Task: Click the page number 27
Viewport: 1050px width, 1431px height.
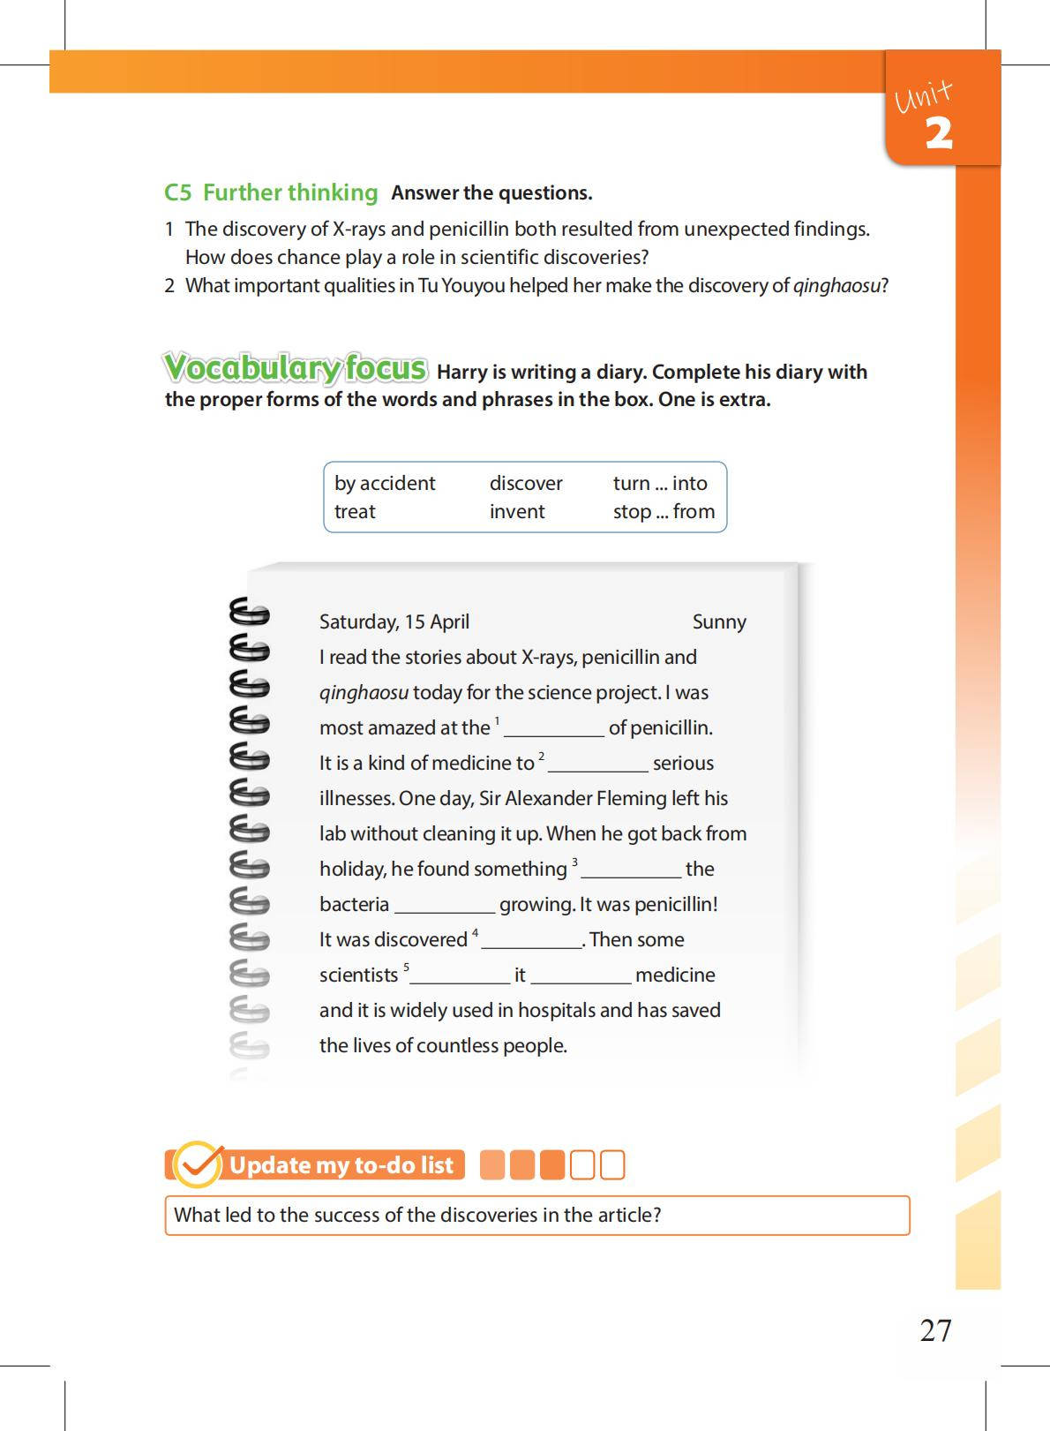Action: click(x=935, y=1329)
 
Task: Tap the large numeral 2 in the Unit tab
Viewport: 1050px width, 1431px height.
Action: click(x=939, y=133)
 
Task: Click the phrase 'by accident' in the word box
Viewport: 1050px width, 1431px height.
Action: click(x=384, y=483)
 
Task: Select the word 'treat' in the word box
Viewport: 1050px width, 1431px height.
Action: click(x=355, y=511)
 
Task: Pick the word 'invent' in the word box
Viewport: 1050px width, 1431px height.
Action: click(x=517, y=511)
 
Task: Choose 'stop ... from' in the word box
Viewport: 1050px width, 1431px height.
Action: click(x=664, y=511)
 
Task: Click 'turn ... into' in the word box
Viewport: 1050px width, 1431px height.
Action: click(x=660, y=483)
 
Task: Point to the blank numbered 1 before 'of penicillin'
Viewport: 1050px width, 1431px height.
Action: click(x=553, y=729)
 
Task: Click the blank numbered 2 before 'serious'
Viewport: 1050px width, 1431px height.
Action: click(x=597, y=764)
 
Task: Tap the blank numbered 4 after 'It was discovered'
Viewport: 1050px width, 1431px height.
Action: click(x=531, y=941)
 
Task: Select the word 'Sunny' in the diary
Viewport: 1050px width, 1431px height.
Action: click(x=719, y=621)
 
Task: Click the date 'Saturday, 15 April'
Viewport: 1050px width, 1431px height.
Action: click(x=394, y=621)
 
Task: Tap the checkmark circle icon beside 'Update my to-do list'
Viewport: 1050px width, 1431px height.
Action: click(x=197, y=1164)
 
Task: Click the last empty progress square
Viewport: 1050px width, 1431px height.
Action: click(x=612, y=1165)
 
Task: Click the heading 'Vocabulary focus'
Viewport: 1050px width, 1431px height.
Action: click(x=296, y=367)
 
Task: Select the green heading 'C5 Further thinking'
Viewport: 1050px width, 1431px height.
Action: click(x=271, y=192)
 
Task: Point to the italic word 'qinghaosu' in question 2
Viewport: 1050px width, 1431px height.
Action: click(x=836, y=285)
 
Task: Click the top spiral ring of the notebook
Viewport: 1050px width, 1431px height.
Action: click(x=250, y=611)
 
